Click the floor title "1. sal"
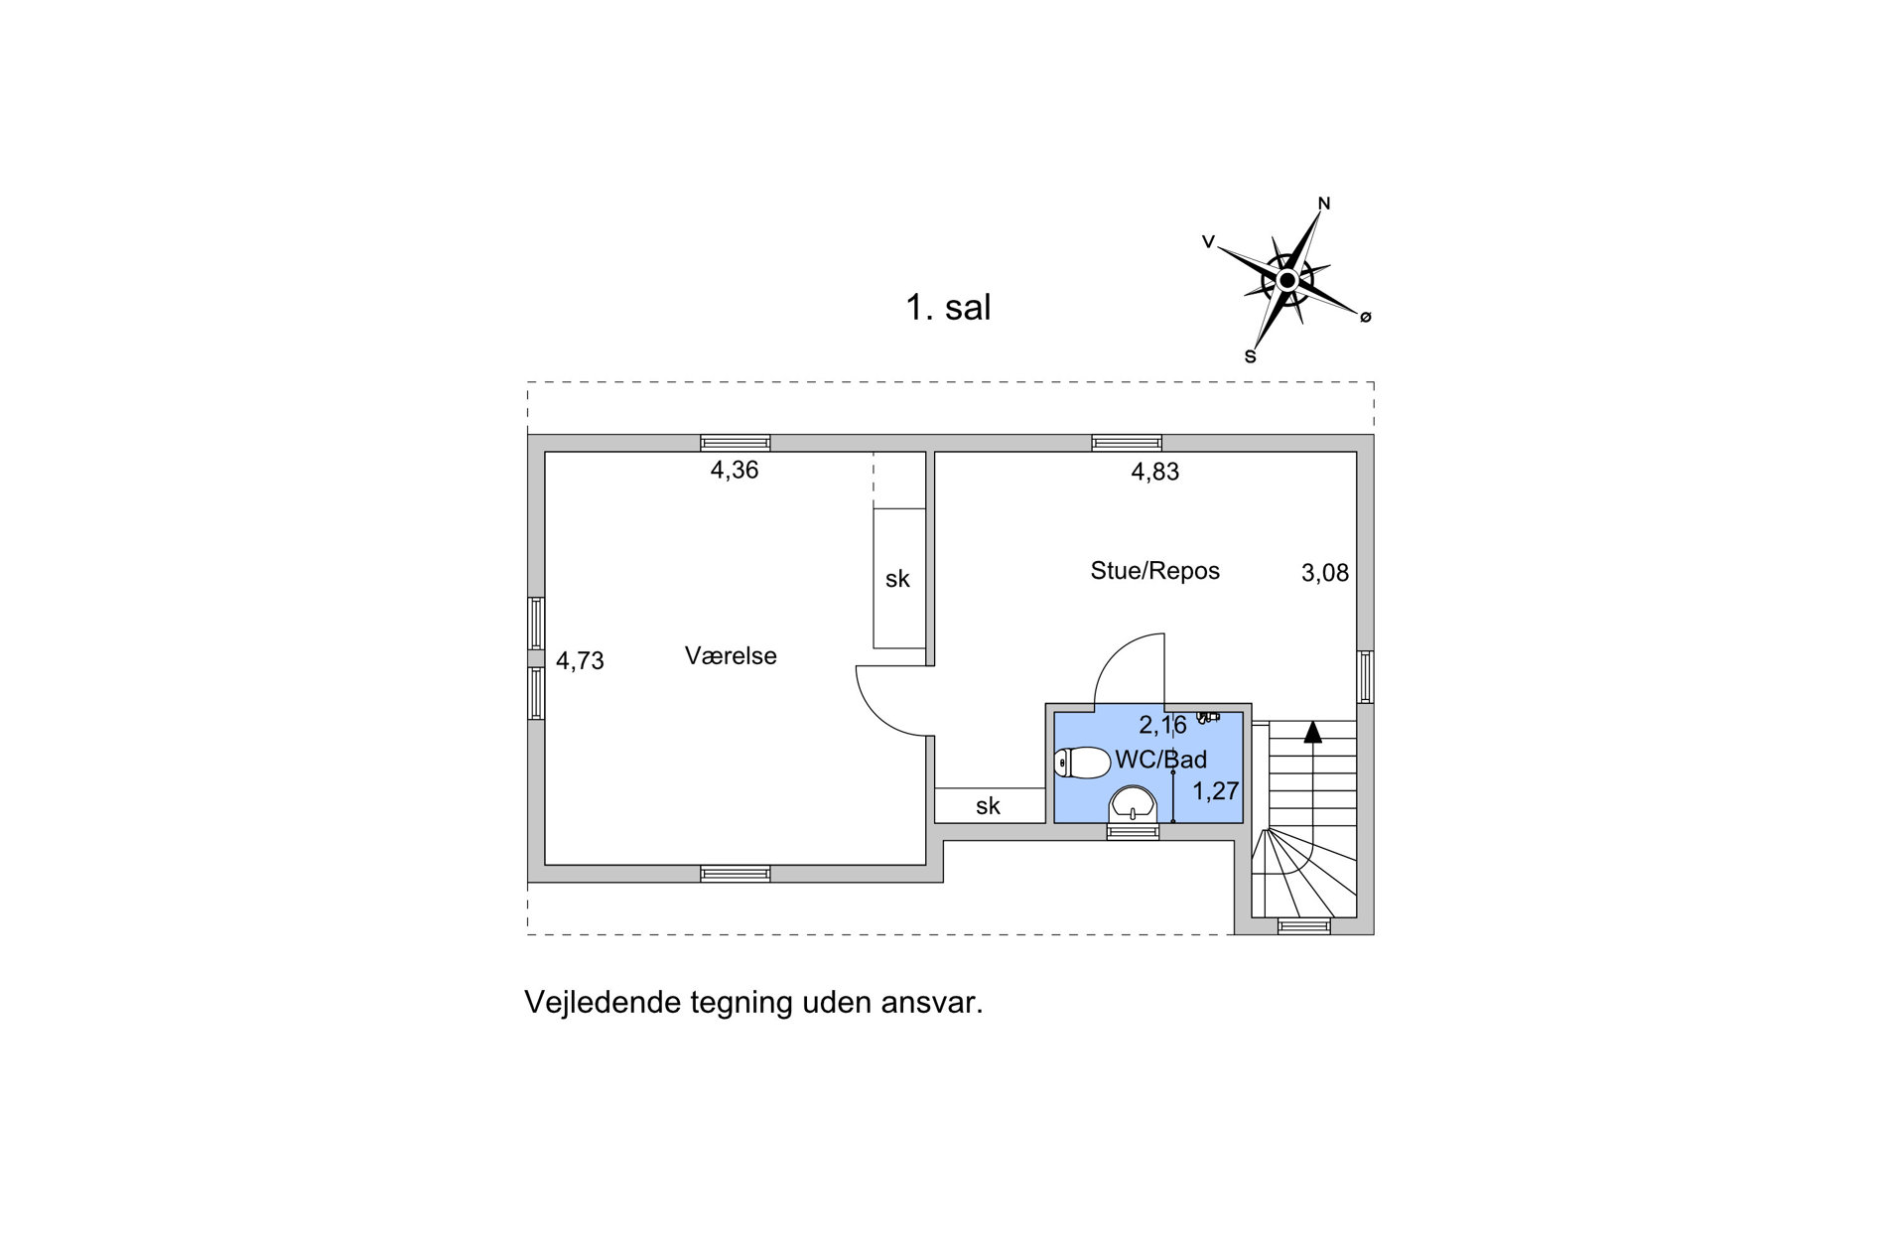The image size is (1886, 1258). (x=948, y=307)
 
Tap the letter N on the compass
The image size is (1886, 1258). (x=1323, y=204)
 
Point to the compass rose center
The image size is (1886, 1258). (x=1286, y=281)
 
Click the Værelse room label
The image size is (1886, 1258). (x=731, y=655)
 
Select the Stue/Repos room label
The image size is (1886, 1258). (x=1154, y=571)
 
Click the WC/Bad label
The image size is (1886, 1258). (x=1161, y=761)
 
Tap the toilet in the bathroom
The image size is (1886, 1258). (x=1082, y=763)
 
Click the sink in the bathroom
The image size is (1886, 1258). (x=1133, y=804)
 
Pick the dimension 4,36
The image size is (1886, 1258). (x=735, y=471)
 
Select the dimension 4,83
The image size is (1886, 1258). (x=1155, y=472)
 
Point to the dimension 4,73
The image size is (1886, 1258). (x=580, y=661)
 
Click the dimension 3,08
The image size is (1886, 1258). (x=1325, y=573)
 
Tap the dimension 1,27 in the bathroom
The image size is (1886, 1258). (x=1216, y=791)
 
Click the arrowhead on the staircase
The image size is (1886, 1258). (x=1313, y=732)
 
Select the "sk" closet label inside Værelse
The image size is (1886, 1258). (x=897, y=579)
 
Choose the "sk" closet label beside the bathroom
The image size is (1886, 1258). (x=988, y=806)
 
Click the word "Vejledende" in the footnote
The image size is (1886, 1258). (x=603, y=1003)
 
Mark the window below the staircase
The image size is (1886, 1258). (x=1303, y=927)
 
